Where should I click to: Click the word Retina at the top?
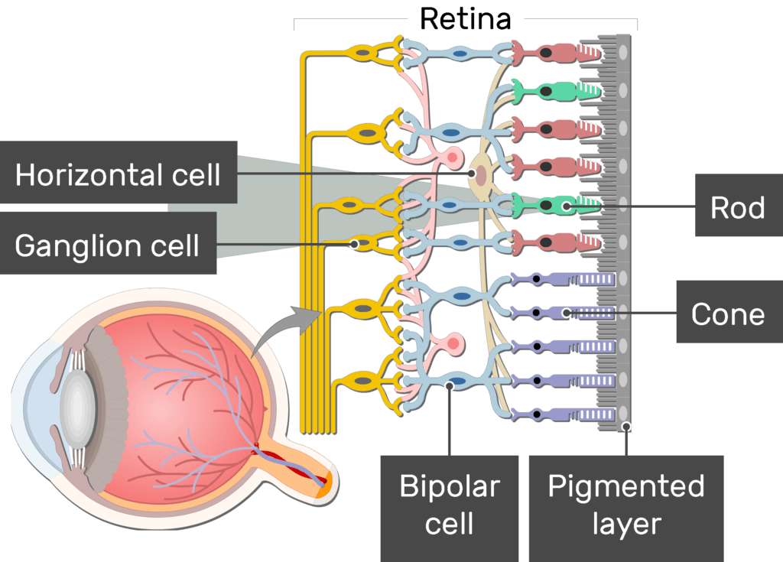pyautogui.click(x=465, y=19)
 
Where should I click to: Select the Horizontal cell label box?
pyautogui.click(x=118, y=175)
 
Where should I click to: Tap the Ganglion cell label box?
pyautogui.click(x=107, y=245)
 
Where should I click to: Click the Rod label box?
pyautogui.click(x=737, y=207)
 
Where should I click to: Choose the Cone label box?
pyautogui.click(x=727, y=313)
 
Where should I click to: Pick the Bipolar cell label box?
pyautogui.click(x=450, y=505)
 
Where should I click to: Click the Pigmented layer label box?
pyautogui.click(x=625, y=505)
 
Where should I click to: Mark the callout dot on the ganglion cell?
pyautogui.click(x=354, y=245)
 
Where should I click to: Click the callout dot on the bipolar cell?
pyautogui.click(x=450, y=386)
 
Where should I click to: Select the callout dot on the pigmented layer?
pyautogui.click(x=626, y=427)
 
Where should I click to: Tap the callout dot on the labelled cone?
pyautogui.click(x=566, y=312)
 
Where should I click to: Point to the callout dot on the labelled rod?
pyautogui.click(x=566, y=206)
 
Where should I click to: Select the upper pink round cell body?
pyautogui.click(x=453, y=159)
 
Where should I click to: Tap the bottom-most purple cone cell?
pyautogui.click(x=562, y=414)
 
